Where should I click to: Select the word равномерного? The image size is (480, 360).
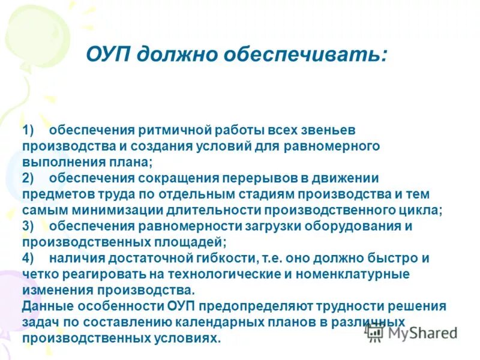tap(328, 146)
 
